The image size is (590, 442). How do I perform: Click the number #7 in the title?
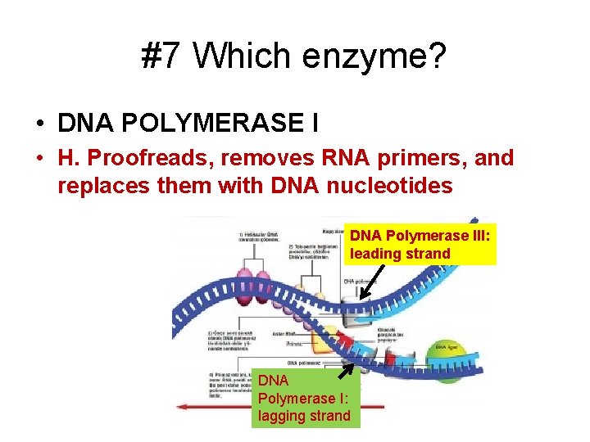point(163,56)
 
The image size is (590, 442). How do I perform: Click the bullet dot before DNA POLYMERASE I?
point(39,124)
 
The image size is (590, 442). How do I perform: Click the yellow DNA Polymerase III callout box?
point(421,244)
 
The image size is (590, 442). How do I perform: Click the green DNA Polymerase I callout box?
point(304,398)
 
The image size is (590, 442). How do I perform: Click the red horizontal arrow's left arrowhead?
point(187,405)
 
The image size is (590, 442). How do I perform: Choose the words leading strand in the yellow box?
point(400,254)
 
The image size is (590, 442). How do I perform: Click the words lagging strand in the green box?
point(304,416)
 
